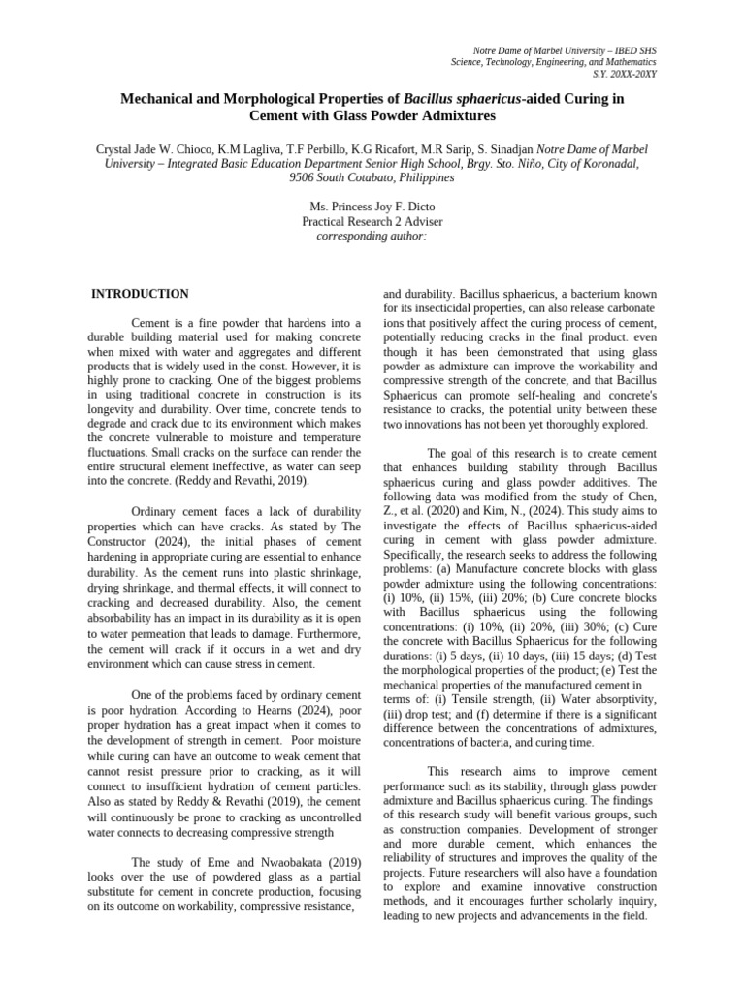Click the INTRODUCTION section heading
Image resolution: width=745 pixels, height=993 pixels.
point(140,294)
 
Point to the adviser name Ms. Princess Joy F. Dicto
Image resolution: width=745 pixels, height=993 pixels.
point(372,208)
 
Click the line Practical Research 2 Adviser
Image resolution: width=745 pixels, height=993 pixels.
point(372,222)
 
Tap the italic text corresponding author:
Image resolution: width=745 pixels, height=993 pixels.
point(372,237)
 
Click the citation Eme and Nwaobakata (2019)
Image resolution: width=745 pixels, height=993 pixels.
point(236,862)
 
